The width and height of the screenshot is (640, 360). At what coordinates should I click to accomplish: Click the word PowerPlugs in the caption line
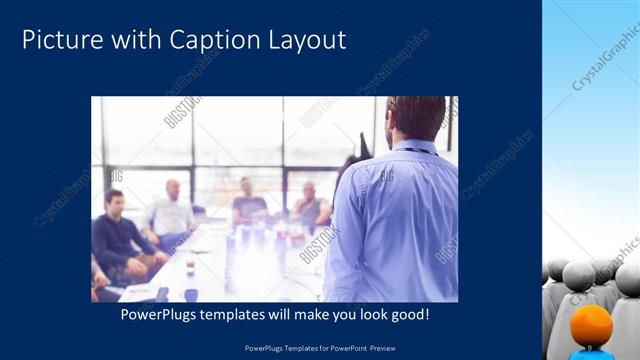point(163,314)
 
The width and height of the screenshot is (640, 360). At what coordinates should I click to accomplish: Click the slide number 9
point(590,346)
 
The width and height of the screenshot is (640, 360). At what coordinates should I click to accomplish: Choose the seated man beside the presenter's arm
point(310,204)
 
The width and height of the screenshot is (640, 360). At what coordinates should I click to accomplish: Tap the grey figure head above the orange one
point(581,276)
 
